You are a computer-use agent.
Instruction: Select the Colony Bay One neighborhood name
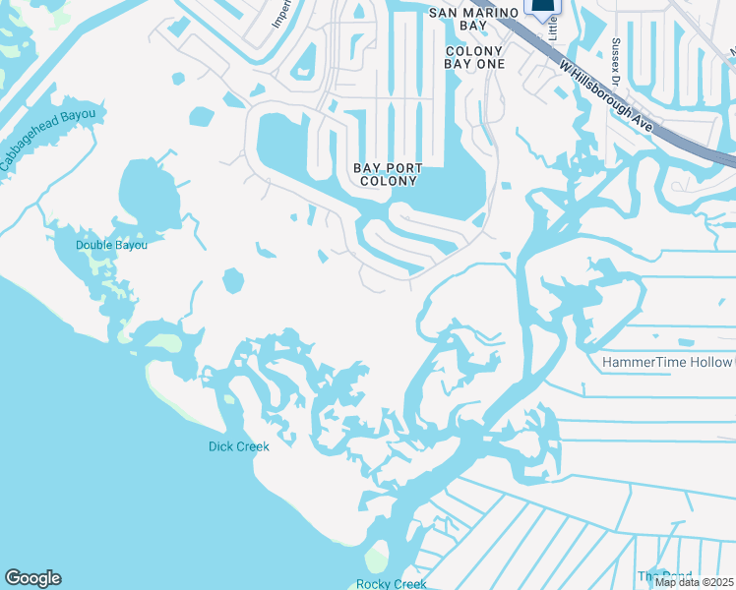[475, 57]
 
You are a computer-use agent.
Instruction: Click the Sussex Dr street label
[616, 61]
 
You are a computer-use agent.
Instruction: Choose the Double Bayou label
[111, 245]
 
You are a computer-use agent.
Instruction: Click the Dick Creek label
[238, 445]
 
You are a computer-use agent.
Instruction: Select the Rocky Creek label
[391, 584]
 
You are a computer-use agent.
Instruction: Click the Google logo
[32, 578]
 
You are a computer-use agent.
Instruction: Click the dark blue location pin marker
[541, 7]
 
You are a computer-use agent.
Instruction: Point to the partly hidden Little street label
[552, 27]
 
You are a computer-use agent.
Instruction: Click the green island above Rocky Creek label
[375, 560]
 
